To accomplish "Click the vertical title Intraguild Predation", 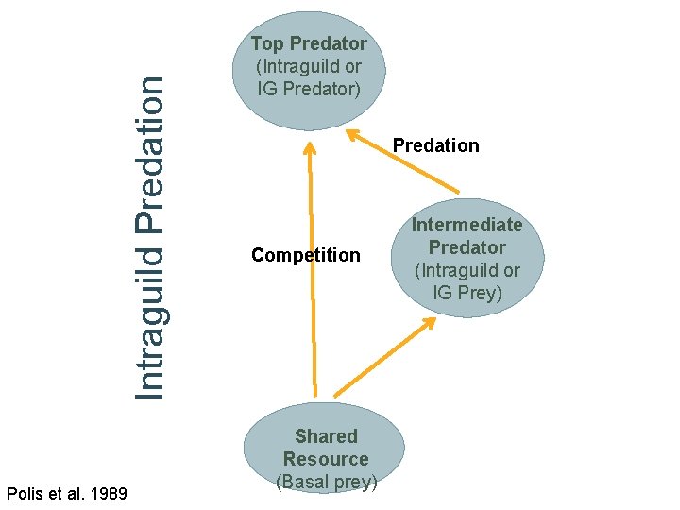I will point(150,236).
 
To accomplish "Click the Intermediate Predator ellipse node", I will point(467,257).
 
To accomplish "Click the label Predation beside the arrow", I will point(435,145).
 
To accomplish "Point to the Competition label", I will point(305,255).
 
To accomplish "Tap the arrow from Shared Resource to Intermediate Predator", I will point(382,358).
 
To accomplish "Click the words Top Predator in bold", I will point(309,43).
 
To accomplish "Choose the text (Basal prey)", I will point(326,482).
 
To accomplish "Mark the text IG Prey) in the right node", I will point(467,293).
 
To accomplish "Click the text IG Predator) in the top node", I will point(309,89).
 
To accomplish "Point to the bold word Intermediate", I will point(467,225).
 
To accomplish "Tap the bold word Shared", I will point(326,436).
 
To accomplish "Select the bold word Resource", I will point(326,459).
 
